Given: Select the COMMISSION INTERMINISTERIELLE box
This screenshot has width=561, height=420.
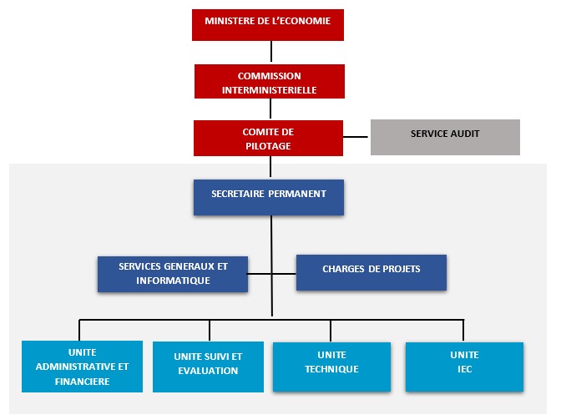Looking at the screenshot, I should (269, 82).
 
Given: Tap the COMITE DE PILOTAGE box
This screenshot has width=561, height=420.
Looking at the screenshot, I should (269, 138).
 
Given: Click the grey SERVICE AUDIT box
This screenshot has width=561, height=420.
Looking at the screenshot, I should (445, 137).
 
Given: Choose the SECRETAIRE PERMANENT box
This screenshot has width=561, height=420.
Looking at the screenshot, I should (269, 197).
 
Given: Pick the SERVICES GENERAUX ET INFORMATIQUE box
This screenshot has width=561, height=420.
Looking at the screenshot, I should (173, 274).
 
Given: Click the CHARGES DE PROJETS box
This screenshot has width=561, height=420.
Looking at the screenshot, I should (371, 272).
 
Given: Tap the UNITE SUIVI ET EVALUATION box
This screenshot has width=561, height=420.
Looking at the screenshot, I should (208, 367).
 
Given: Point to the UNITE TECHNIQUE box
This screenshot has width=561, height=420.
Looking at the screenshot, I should (331, 366).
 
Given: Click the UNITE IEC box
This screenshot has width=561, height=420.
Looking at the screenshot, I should (464, 366).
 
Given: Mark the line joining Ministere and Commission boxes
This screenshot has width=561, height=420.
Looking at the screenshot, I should (269, 53).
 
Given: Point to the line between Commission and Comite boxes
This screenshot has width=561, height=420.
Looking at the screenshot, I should (269, 109).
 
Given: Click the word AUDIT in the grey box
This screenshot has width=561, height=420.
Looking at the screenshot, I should (463, 133).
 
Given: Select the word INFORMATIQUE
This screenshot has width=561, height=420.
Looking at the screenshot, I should (173, 281).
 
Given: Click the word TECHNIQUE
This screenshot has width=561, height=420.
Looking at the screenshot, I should (331, 369).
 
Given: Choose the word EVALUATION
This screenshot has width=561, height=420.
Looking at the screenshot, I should (208, 371).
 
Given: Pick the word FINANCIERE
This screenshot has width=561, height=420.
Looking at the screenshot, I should (82, 382).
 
